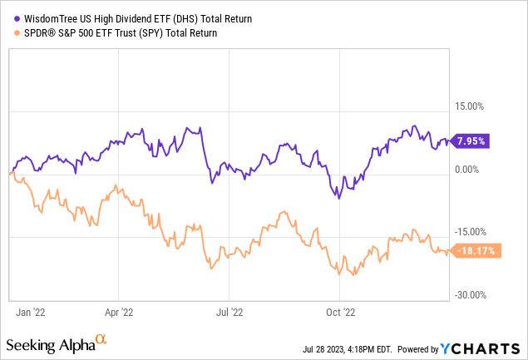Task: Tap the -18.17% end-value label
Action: point(473,250)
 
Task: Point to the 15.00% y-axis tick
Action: point(472,106)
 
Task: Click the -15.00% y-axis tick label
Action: point(471,232)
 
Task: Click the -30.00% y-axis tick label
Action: point(471,295)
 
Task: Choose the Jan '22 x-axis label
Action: point(31,313)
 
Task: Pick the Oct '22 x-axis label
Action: point(336,313)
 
